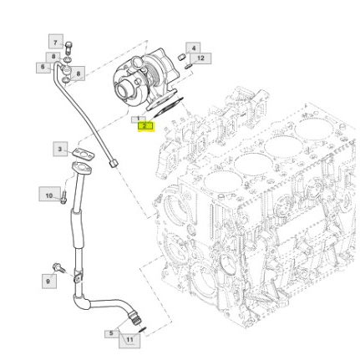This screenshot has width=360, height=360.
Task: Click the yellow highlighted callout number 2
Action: point(145,126)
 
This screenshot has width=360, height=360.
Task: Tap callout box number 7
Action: point(55,41)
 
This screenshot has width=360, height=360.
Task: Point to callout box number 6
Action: point(42,66)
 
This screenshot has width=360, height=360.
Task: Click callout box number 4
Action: point(193,48)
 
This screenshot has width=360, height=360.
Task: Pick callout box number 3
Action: point(60,149)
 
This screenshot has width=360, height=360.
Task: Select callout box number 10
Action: point(49,195)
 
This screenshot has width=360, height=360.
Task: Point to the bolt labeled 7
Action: point(68,45)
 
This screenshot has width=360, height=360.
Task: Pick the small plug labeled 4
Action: point(181,56)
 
